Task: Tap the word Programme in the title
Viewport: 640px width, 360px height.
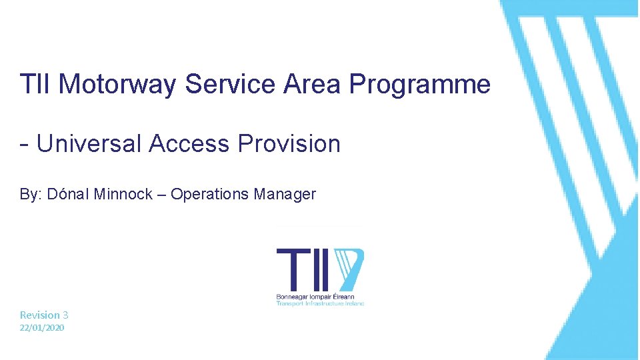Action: [419, 85]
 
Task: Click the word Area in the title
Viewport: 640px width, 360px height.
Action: [313, 85]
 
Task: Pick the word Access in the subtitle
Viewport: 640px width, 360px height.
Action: [189, 143]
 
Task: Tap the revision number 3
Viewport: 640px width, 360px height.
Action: [65, 315]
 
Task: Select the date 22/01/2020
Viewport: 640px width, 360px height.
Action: [42, 328]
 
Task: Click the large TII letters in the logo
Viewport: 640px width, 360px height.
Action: [303, 267]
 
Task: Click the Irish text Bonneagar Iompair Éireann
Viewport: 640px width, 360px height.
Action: [315, 296]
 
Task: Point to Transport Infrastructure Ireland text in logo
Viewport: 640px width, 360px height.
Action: [321, 303]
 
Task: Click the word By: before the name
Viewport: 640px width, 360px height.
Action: [29, 194]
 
